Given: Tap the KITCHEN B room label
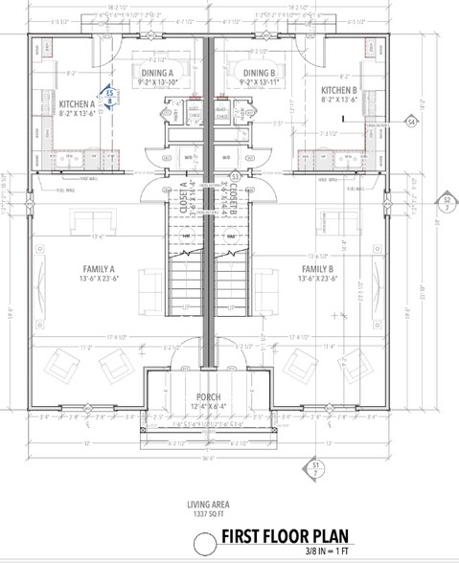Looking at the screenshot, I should click(x=339, y=93).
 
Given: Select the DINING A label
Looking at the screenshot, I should click(x=157, y=73).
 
